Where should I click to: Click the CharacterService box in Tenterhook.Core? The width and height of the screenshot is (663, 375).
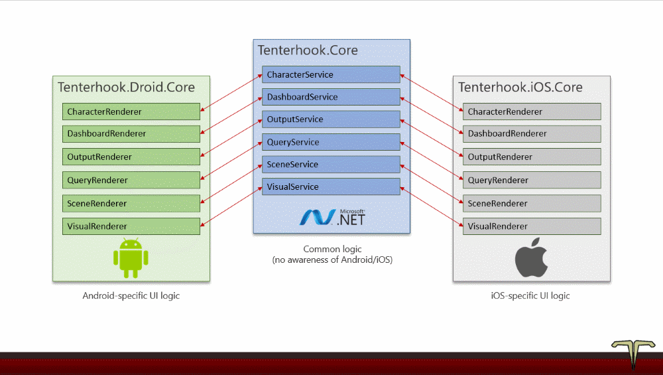331,74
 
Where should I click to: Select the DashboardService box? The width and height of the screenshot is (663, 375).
331,97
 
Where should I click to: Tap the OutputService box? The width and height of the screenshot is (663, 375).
331,119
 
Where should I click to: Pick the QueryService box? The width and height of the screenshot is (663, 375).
331,142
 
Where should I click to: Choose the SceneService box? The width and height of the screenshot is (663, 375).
331,164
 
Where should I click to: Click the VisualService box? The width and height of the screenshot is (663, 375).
331,187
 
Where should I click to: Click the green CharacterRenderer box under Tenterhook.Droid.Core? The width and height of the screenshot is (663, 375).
131,112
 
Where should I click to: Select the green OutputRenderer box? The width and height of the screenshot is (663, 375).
131,157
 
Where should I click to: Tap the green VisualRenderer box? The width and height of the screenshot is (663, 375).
131,226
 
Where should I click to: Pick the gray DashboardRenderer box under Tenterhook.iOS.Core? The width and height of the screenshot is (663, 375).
532,134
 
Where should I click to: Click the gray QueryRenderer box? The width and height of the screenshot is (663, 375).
532,180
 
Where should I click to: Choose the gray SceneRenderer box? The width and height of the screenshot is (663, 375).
532,203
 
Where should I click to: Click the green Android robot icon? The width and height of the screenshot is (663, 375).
131,258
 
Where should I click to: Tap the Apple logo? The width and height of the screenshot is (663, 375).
532,258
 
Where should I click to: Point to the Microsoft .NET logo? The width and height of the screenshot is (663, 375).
332,217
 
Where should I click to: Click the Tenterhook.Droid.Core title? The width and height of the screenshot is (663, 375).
127,87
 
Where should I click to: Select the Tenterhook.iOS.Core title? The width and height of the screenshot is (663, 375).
520,87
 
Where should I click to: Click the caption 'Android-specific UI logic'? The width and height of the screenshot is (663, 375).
131,295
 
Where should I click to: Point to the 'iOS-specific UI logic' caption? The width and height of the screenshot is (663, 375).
530,295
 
